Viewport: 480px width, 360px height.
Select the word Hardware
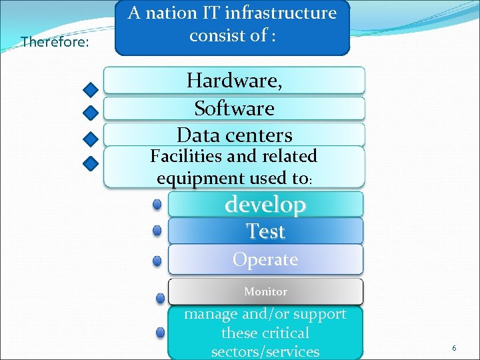tap(234, 81)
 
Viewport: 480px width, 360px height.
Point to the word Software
tap(234, 108)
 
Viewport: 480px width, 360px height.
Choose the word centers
tap(259, 135)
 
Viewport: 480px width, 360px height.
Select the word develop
tap(265, 204)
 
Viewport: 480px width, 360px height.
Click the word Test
tap(265, 231)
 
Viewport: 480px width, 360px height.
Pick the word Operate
tap(265, 259)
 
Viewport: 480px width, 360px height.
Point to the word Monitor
tap(265, 292)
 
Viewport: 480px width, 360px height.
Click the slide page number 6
tap(454, 348)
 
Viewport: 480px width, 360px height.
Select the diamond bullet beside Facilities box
tap(91, 163)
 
